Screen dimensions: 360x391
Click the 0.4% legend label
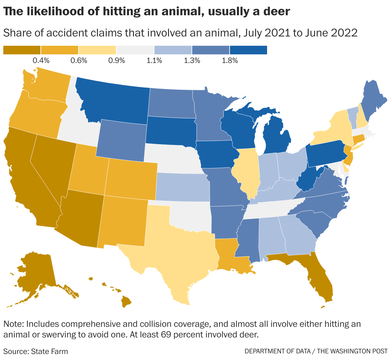point(41,60)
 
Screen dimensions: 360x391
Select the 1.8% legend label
point(230,60)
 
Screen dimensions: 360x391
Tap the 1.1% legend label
point(154,60)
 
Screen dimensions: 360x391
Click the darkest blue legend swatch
point(249,50)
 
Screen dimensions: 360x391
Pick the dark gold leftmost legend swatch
point(22,50)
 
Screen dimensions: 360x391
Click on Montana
point(113,99)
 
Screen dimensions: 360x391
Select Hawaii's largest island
point(126,301)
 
